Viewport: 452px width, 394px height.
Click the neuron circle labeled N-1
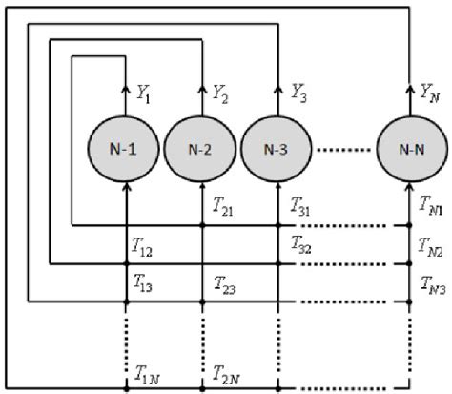pyautogui.click(x=127, y=151)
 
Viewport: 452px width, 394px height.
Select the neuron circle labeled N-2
pyautogui.click(x=200, y=151)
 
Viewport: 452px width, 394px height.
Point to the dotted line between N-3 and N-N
pyautogui.click(x=340, y=151)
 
